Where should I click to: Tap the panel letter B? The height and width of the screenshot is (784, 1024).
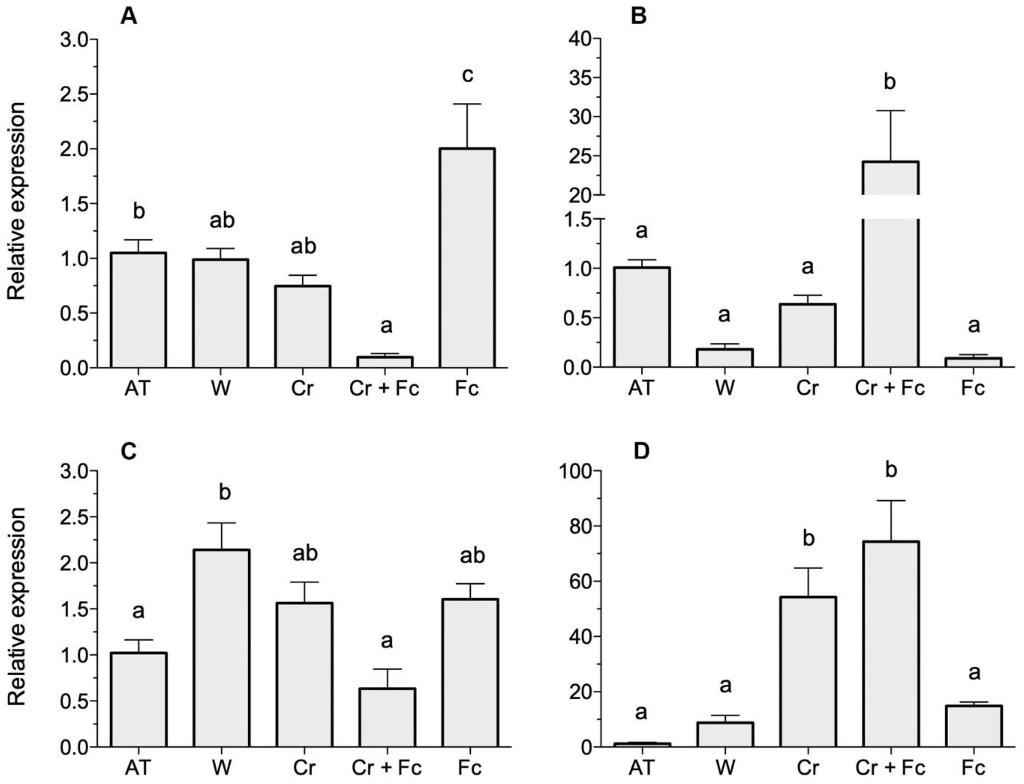click(638, 17)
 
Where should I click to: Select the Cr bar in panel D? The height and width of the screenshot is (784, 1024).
click(808, 672)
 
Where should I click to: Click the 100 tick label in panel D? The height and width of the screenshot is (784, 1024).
click(575, 471)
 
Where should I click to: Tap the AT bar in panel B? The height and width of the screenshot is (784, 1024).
click(642, 317)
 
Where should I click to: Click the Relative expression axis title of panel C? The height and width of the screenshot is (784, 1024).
click(17, 607)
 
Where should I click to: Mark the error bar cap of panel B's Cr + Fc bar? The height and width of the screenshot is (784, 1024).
click(890, 111)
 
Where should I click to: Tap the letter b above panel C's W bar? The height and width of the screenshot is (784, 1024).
click(225, 492)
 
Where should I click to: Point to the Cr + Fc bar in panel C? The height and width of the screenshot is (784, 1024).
click(387, 717)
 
